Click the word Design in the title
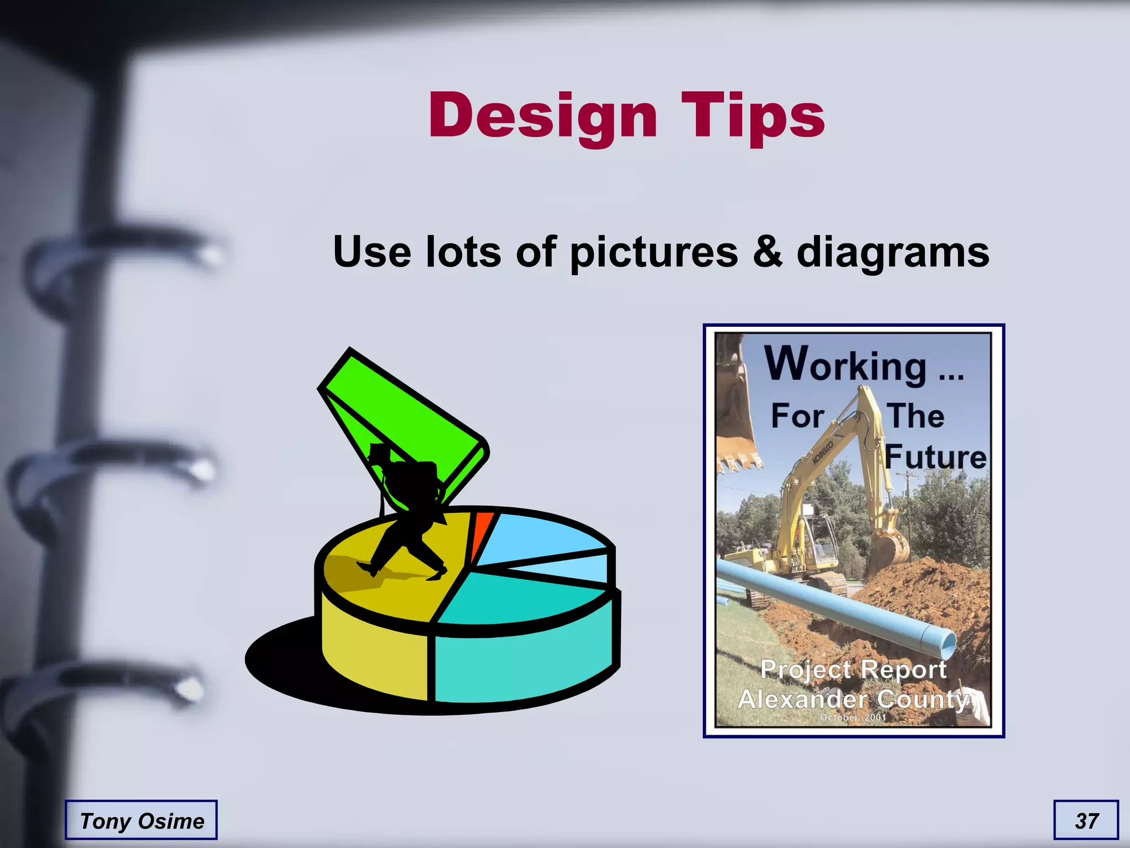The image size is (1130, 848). click(543, 116)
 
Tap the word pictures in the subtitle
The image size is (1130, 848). click(653, 252)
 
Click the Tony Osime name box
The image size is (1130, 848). click(141, 820)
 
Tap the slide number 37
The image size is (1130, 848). click(1086, 820)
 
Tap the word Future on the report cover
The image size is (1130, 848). click(936, 457)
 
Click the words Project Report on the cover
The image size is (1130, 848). click(853, 670)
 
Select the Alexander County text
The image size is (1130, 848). click(853, 699)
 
